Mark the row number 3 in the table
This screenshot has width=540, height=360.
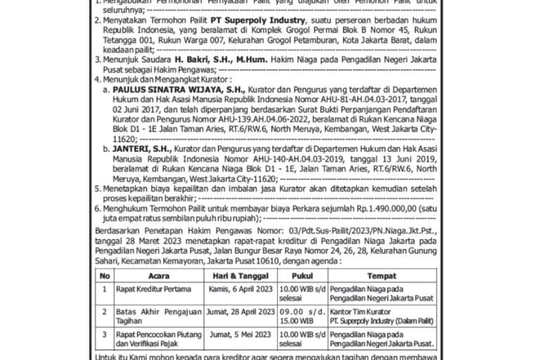click(105, 334)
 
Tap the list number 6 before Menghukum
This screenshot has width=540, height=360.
click(98, 210)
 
